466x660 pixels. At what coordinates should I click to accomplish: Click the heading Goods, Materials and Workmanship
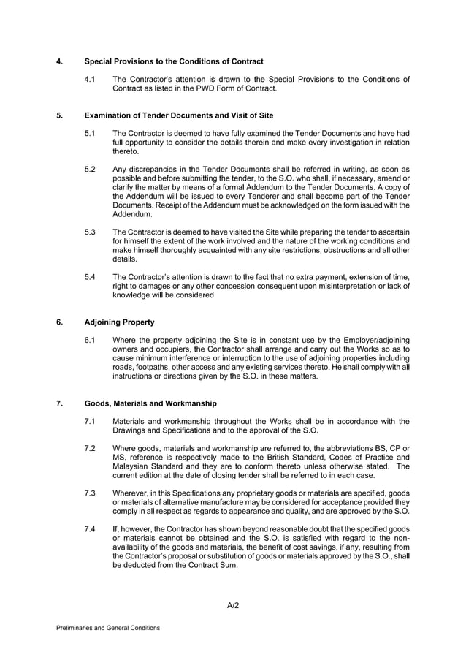150,403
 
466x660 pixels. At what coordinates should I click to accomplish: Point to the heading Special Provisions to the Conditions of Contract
174,61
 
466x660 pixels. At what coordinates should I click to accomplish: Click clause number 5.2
91,169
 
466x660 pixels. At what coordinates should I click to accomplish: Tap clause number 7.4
91,528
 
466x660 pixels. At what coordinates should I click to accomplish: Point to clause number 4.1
91,79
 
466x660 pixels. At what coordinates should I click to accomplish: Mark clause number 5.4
91,276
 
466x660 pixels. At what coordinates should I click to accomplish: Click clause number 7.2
91,447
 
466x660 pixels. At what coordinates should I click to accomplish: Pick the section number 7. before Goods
59,403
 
